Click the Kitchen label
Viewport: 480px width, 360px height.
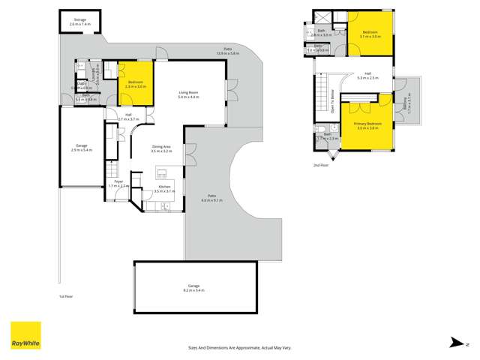164,189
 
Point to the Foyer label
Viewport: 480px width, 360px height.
119,183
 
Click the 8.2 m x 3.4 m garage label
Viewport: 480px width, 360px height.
195,287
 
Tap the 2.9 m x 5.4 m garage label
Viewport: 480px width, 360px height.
82,148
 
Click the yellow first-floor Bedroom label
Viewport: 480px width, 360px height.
136,83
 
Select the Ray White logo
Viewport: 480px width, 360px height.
25,336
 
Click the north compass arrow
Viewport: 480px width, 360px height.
456,342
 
